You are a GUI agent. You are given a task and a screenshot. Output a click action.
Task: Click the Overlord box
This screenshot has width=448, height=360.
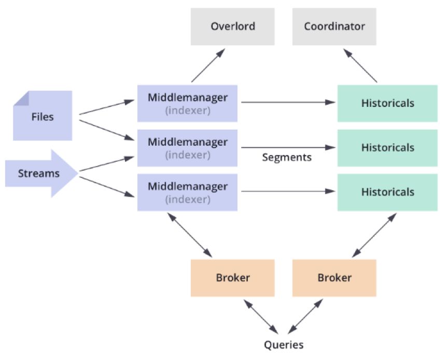[232, 26]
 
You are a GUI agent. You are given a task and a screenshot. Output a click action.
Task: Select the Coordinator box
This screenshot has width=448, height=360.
[334, 26]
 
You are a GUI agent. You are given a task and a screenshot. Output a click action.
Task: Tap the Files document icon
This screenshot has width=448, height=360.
[43, 116]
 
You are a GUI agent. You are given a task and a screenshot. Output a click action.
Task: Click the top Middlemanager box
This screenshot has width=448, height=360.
[187, 103]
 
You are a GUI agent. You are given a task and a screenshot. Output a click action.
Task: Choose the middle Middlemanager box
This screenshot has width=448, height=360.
[187, 148]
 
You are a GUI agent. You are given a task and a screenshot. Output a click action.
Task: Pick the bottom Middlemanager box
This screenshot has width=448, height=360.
[187, 192]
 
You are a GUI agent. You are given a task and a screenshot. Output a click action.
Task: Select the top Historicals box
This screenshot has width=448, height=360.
[387, 103]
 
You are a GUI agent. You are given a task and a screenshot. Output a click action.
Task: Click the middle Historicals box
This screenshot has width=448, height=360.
[387, 148]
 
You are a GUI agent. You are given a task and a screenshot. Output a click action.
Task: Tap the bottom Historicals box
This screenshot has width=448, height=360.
[387, 192]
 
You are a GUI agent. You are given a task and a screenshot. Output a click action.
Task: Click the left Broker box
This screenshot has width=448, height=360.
[232, 278]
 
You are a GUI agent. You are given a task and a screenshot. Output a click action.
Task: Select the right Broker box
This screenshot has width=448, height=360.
[334, 278]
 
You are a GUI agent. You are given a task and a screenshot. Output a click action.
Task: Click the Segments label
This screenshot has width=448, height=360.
[287, 157]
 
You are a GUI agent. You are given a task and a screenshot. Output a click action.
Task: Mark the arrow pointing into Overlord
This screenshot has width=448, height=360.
[208, 65]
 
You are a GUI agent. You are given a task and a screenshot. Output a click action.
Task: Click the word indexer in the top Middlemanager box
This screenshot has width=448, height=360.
[187, 110]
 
